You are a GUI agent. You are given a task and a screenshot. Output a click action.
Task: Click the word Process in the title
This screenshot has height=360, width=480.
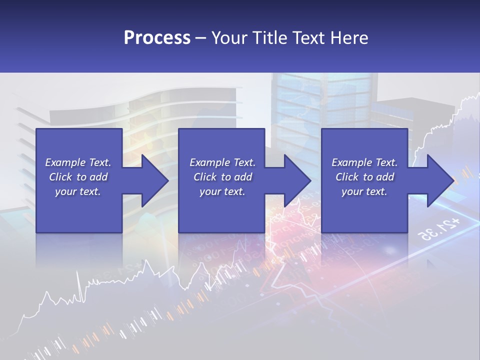[157, 38]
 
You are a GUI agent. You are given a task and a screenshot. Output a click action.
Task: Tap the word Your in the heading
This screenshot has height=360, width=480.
[230, 38]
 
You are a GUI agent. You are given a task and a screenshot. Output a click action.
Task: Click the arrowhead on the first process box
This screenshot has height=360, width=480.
[152, 180]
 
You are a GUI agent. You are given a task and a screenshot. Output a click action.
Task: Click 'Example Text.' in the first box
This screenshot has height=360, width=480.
[78, 162]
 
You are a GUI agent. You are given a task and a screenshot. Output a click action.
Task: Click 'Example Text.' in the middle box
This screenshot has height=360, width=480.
[222, 162]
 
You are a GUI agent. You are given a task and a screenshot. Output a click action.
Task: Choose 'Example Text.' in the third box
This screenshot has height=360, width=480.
[364, 162]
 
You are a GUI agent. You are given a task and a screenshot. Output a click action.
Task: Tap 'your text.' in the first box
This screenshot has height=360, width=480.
[78, 191]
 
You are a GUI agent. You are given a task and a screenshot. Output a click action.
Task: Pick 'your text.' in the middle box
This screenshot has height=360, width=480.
[222, 191]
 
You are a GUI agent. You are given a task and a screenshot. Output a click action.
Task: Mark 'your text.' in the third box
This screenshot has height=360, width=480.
[364, 191]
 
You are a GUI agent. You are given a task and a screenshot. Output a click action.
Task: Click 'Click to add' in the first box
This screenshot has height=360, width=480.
[78, 177]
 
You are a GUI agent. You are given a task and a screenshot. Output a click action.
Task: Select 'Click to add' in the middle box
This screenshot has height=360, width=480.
[222, 177]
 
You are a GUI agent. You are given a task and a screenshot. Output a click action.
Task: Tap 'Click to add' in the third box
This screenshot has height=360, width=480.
[364, 177]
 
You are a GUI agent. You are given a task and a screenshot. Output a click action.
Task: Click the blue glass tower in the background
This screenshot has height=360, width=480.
[320, 100]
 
